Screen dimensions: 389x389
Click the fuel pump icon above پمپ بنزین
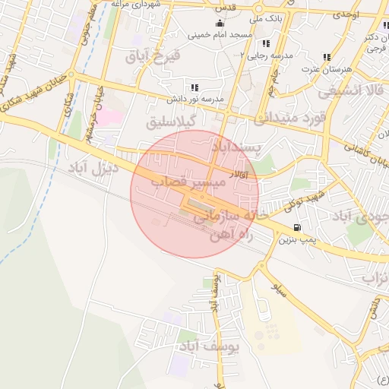[x=296, y=227]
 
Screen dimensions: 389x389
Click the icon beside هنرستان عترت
[x=327, y=57]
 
